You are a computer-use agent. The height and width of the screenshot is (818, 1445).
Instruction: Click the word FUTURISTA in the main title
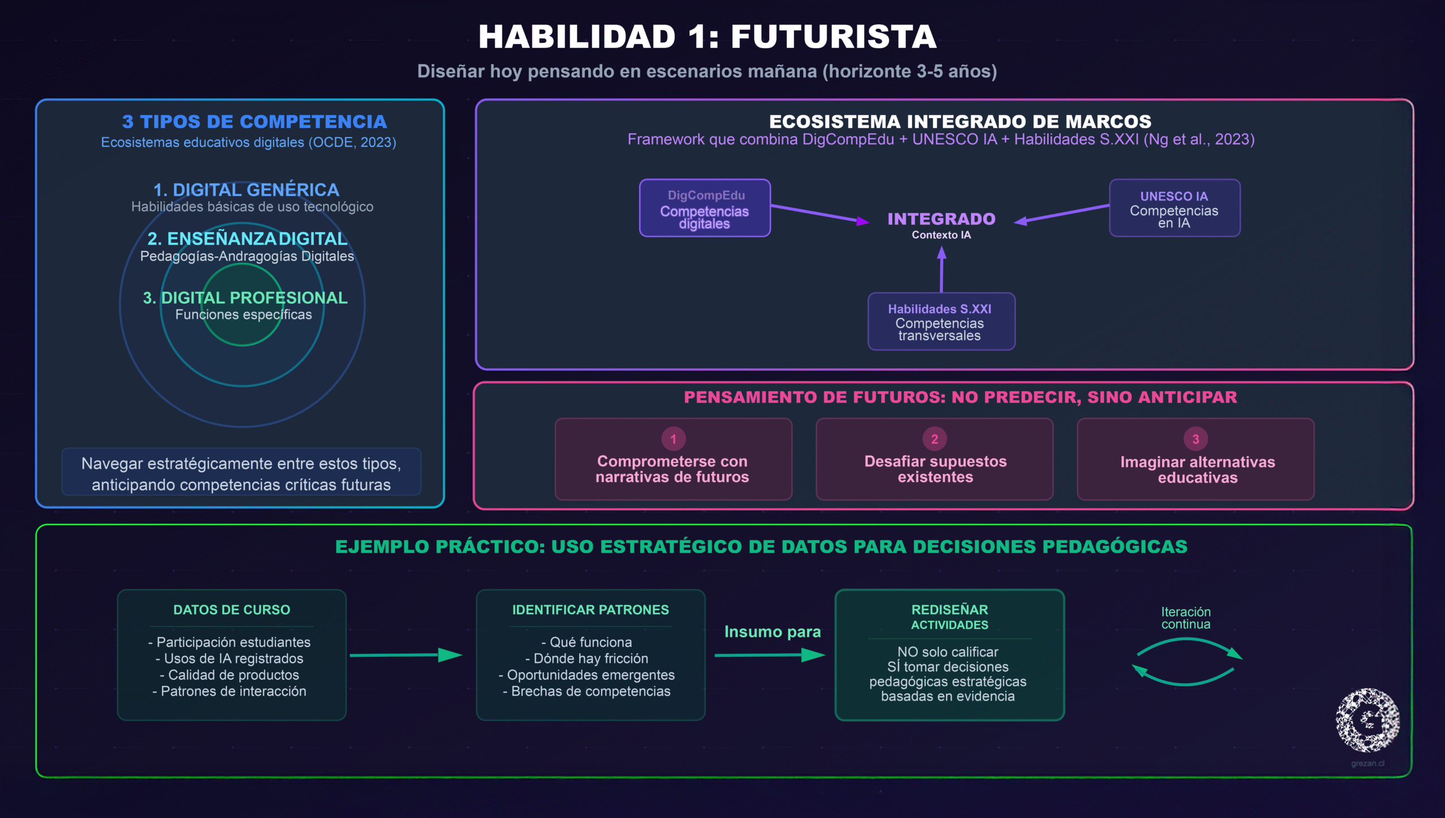(x=834, y=37)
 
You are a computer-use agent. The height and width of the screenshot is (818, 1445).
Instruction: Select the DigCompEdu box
(x=704, y=208)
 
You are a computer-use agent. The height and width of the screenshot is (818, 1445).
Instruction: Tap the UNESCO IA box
(x=1174, y=208)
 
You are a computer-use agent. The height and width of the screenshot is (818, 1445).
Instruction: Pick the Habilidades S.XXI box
(x=941, y=321)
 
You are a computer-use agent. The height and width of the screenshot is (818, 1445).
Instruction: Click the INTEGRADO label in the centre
(x=941, y=219)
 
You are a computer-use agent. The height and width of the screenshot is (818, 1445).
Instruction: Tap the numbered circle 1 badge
(x=673, y=439)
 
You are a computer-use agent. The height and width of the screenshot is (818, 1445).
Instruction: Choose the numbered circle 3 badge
(x=1196, y=439)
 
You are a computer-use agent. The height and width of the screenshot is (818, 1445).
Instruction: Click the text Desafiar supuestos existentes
(x=935, y=469)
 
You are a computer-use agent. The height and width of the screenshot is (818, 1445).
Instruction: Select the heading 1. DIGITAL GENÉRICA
(x=246, y=190)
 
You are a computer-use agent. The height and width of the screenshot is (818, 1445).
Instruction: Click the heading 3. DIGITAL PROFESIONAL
(x=245, y=298)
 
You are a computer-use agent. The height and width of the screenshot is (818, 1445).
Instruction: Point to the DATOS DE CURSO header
(x=231, y=610)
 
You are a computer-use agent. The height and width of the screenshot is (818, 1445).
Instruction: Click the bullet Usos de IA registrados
(x=230, y=658)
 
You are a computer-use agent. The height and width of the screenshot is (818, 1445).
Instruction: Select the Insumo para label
(x=772, y=632)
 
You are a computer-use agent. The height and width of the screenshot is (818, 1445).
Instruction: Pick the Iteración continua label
(x=1185, y=618)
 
